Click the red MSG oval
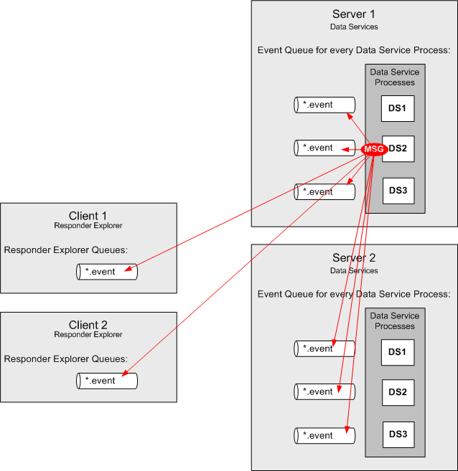374,149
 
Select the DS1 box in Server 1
398,108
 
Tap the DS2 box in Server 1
398,149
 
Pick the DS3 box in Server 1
398,191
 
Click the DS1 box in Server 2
398,352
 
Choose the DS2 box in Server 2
398,393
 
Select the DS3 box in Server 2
398,434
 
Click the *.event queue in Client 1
106,272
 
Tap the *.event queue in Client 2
106,381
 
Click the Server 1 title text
354,14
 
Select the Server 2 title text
354,258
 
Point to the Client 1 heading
88,216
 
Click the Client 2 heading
88,325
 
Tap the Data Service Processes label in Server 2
395,321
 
